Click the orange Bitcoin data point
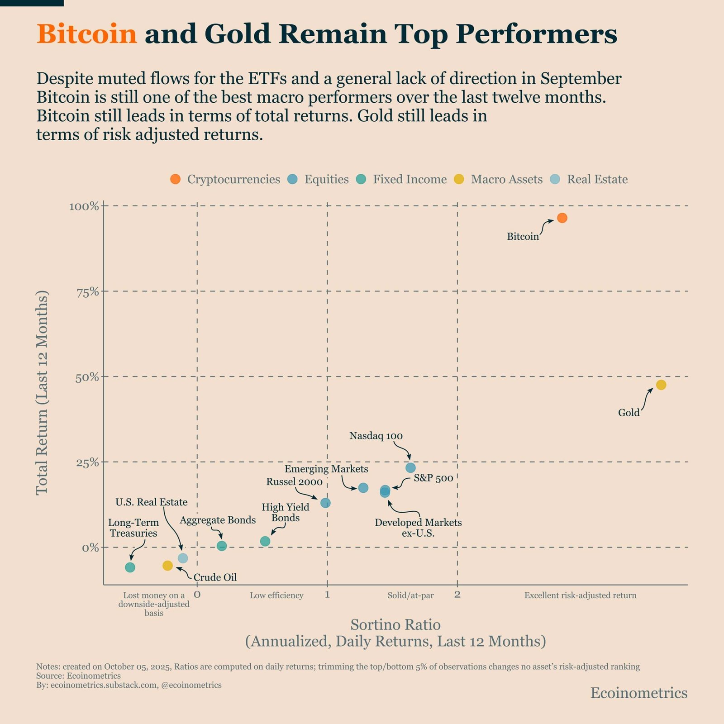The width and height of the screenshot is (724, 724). [562, 218]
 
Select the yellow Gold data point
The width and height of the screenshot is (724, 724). [661, 385]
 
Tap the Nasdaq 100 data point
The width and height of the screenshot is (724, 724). [410, 467]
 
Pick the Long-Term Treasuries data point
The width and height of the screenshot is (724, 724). [130, 567]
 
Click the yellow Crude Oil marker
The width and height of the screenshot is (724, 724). [167, 566]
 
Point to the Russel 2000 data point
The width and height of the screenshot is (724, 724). [325, 503]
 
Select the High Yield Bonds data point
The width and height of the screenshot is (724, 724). [265, 541]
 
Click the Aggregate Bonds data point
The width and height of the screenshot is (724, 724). [222, 546]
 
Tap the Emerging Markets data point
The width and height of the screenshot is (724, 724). [363, 488]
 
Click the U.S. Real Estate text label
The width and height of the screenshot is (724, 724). [151, 502]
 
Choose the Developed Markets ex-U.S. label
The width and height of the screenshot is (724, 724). [418, 528]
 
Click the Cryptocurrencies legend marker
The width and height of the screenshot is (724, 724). [175, 179]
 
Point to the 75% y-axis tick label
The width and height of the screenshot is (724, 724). [88, 292]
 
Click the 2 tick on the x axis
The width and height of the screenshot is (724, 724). [457, 594]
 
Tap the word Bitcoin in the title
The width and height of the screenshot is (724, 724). [86, 34]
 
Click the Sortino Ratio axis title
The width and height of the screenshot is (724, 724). [395, 624]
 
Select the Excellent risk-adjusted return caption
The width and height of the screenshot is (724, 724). [580, 595]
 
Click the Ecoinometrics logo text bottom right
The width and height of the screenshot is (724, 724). [638, 693]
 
